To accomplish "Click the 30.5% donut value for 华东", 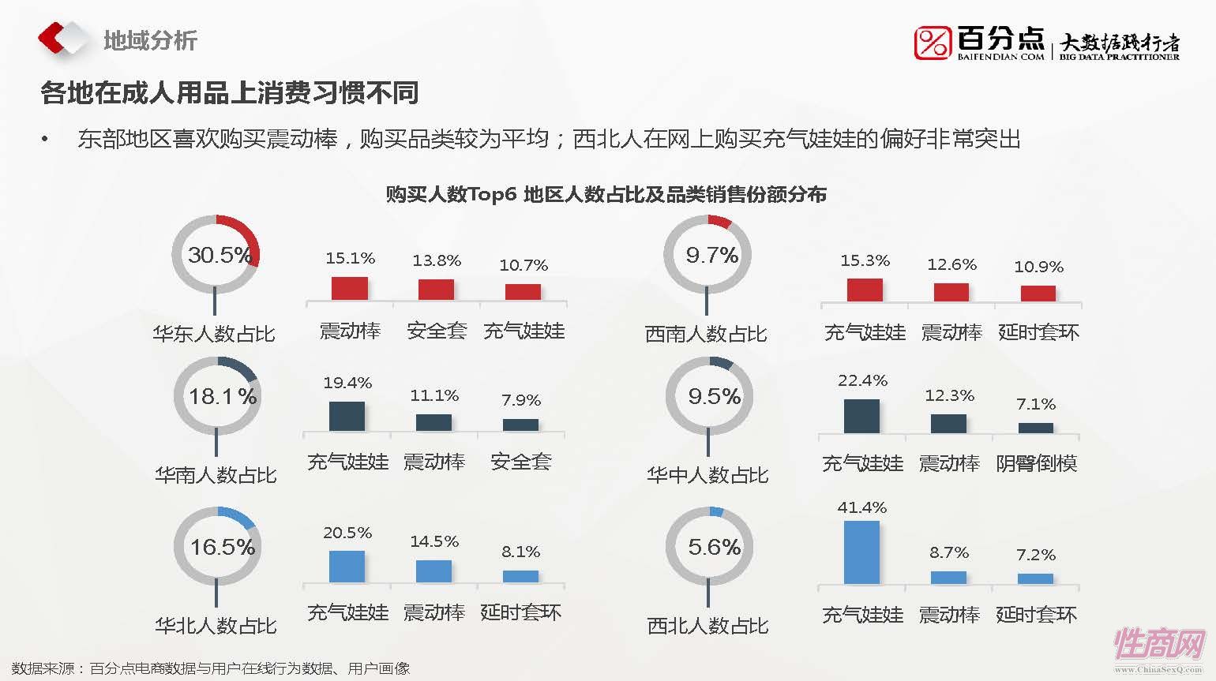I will click(219, 255).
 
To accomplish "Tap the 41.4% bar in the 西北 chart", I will click(861, 552).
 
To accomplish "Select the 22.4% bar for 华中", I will click(861, 416).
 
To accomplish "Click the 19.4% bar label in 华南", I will click(347, 383).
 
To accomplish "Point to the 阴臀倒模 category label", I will click(1036, 463).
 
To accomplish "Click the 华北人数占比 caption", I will click(216, 626).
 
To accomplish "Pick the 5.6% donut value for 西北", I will click(714, 547).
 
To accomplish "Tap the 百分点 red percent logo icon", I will click(933, 43).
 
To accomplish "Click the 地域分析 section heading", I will click(150, 40).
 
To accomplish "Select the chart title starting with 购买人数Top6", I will click(606, 194).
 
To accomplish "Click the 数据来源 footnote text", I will click(211, 668).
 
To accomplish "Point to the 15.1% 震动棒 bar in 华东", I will click(350, 288).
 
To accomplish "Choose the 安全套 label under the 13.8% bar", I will click(437, 331).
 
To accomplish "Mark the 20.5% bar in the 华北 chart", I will click(347, 567).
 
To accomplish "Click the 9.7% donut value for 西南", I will click(711, 255).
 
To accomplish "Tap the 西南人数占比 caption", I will click(706, 334).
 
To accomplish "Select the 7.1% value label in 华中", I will click(1036, 404).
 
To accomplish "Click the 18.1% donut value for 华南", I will click(222, 396).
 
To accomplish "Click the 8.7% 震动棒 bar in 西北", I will click(948, 578).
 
